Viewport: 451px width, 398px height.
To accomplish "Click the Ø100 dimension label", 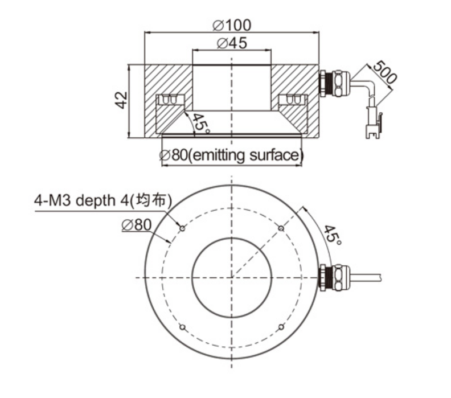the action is (x=232, y=25).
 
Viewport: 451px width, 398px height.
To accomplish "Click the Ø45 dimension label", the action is (x=232, y=43).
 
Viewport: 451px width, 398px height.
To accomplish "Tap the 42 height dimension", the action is (x=121, y=100).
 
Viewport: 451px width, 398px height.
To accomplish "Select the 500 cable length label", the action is (x=385, y=72).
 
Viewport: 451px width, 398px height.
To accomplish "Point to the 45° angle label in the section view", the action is (x=200, y=123).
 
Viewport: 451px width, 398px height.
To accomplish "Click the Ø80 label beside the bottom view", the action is (x=136, y=225).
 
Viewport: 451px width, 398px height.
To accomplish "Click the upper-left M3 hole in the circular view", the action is (x=182, y=228).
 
